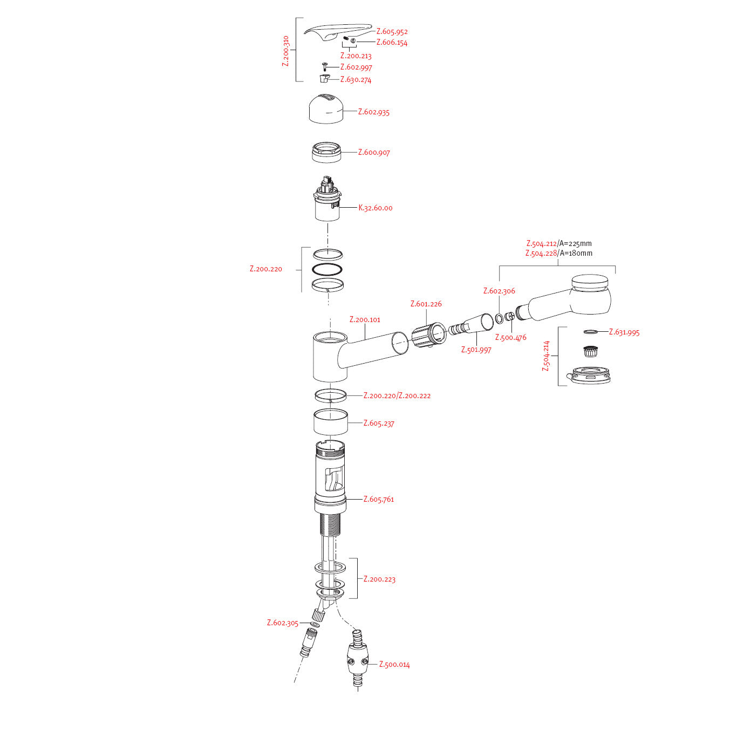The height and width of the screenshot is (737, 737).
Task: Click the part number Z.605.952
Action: pos(392,32)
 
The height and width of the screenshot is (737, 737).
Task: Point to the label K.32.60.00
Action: pos(376,208)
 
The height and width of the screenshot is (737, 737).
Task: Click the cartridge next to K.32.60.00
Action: pos(327,200)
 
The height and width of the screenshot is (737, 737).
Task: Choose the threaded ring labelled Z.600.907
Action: pos(326,152)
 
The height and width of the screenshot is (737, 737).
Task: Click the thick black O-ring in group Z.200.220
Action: pos(327,269)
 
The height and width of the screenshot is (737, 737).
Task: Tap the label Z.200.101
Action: pos(365,319)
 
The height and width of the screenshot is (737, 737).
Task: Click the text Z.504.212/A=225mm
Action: pos(559,243)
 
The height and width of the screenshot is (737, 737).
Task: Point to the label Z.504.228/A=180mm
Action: pos(559,253)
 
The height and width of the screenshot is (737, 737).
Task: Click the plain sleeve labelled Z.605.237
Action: pos(331,422)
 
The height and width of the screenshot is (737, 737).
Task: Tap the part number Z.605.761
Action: pos(379,499)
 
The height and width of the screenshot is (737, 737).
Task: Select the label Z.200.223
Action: pos(379,579)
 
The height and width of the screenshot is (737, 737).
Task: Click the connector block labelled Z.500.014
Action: pos(357,660)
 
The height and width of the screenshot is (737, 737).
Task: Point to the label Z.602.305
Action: pos(282,623)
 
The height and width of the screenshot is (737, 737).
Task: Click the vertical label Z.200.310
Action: pos(286,51)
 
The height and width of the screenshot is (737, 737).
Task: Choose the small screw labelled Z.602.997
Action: pos(324,66)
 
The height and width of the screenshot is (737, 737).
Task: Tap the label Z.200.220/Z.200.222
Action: pos(397,395)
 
